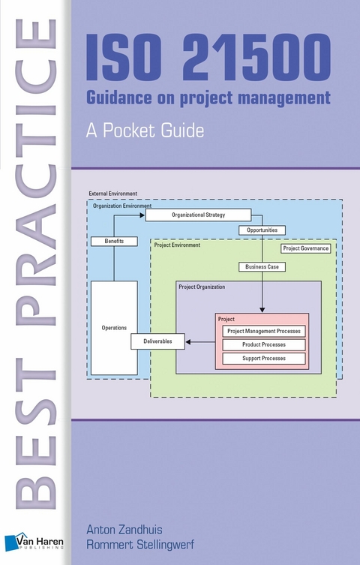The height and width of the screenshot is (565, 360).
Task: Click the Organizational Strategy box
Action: (198, 215)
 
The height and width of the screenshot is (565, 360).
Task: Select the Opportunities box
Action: (262, 230)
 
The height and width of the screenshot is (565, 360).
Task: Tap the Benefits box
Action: (115, 242)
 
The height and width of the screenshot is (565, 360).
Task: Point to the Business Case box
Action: (262, 266)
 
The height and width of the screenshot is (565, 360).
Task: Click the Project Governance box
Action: (305, 248)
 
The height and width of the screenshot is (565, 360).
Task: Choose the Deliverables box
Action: (157, 341)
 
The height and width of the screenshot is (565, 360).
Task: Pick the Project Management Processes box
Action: (264, 331)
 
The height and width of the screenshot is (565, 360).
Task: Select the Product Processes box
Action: (264, 344)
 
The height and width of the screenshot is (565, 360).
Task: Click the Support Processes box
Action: (264, 358)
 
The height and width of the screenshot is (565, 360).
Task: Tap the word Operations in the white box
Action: (114, 328)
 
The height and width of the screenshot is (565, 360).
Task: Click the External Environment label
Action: (113, 194)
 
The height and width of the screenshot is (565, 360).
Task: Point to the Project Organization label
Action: (202, 287)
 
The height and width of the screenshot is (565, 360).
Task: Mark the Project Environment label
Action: (177, 245)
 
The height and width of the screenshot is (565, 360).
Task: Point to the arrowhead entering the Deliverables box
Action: (187, 341)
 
